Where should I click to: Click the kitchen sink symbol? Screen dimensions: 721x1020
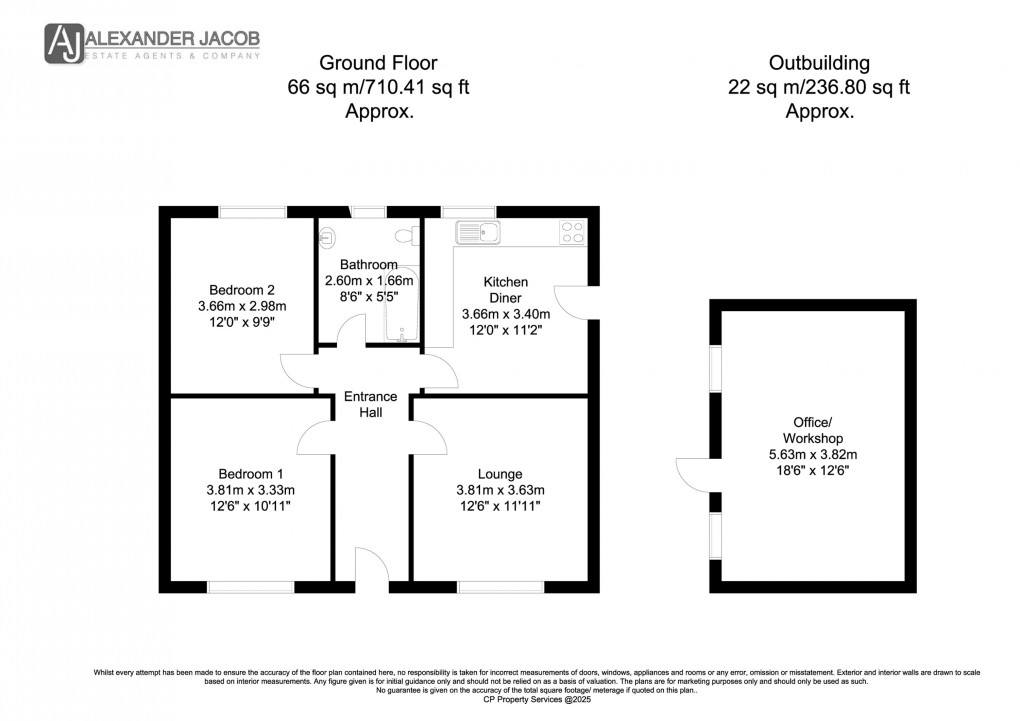click(478, 232)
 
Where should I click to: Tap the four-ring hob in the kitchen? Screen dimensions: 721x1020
click(573, 232)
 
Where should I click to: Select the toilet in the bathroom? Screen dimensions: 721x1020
click(405, 236)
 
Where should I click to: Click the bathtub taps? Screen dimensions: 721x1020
click(404, 338)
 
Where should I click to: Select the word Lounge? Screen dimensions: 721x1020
click(500, 473)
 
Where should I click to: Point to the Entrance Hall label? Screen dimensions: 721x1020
click(371, 404)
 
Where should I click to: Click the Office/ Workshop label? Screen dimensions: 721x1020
click(812, 429)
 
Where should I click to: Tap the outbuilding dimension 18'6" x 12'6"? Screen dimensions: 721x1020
click(812, 471)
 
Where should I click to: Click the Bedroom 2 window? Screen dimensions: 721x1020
click(252, 211)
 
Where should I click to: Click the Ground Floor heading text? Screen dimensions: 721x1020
click(379, 63)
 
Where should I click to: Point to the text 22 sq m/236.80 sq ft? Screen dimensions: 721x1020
click(819, 88)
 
